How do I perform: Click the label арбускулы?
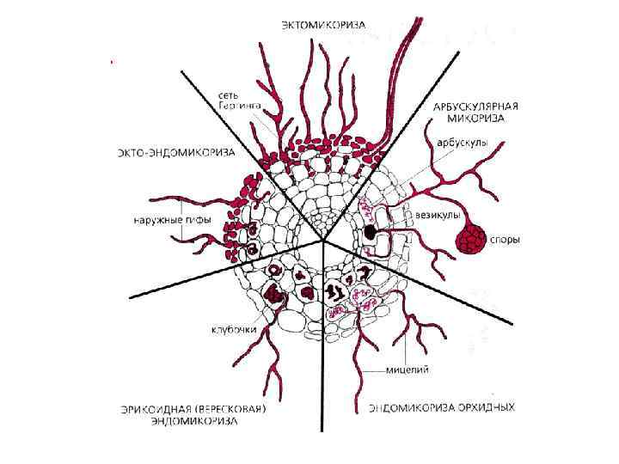(463, 143)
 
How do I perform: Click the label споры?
(505, 240)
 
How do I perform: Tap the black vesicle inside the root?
(370, 231)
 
